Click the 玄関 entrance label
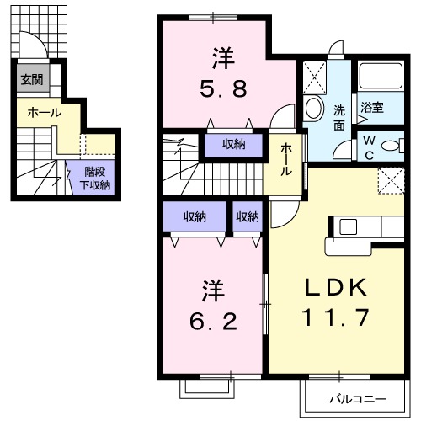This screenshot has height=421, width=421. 31,81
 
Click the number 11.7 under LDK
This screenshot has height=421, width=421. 335,318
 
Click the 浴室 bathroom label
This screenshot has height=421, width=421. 372,109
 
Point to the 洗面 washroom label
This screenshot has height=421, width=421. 338,115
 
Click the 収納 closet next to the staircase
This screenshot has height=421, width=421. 233,145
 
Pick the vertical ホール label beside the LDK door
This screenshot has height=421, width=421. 285,158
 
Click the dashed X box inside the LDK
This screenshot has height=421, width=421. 390,179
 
